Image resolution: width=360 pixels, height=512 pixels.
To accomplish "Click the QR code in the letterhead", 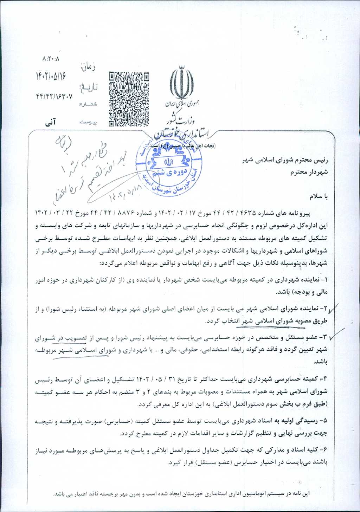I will [x=128, y=99].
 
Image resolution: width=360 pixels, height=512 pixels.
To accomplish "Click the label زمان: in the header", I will [x=88, y=66].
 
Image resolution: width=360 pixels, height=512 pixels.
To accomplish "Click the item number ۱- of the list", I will [x=324, y=280].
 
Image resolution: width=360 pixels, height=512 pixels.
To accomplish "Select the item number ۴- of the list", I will [x=324, y=379].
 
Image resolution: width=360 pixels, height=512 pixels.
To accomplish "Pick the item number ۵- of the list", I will [x=324, y=420].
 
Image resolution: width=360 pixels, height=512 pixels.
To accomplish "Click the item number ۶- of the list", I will [x=324, y=450].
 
